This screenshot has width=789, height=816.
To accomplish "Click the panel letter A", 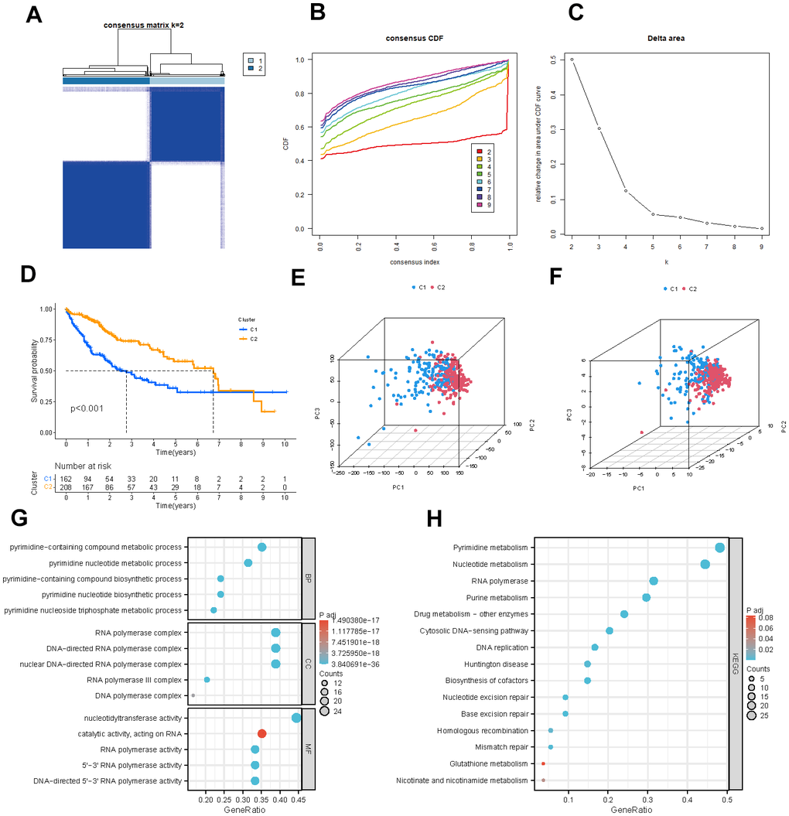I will (x=34, y=15).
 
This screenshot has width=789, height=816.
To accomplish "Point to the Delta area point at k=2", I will (x=572, y=60).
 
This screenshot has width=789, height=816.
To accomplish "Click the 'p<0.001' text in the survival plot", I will (x=87, y=408).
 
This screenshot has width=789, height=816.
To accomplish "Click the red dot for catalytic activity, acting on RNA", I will (x=261, y=733).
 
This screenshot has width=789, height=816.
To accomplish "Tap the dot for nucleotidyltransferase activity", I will (x=295, y=718).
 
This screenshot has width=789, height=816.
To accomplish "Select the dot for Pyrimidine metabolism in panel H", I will (x=720, y=548).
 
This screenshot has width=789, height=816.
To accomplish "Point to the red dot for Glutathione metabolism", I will (x=544, y=763).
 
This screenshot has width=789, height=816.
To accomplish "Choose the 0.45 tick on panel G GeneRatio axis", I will (x=295, y=794).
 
